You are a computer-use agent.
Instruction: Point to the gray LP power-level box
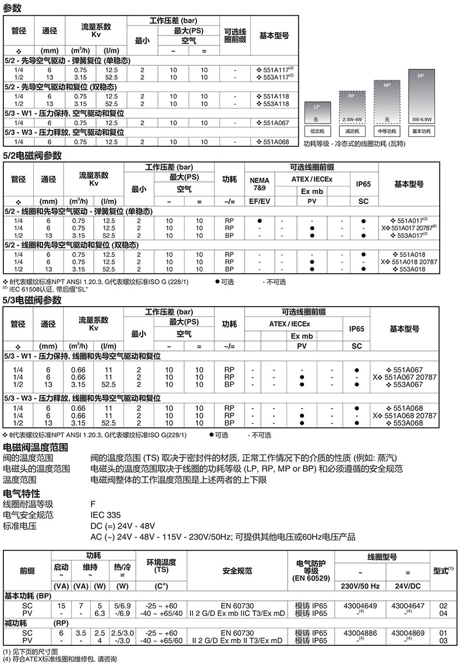[x=317, y=111]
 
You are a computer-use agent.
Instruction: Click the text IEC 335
[x=105, y=515]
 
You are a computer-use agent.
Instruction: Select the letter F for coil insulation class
[x=93, y=504]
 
